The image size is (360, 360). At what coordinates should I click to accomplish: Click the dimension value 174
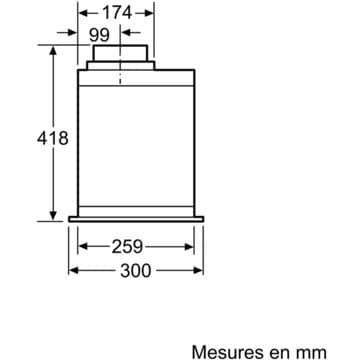pyautogui.click(x=117, y=13)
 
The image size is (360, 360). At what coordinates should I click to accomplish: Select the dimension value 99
pyautogui.click(x=99, y=35)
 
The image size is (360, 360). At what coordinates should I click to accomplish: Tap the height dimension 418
pyautogui.click(x=53, y=138)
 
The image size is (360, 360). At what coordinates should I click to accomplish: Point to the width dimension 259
pyautogui.click(x=127, y=247)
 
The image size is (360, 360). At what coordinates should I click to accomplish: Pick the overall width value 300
pyautogui.click(x=136, y=271)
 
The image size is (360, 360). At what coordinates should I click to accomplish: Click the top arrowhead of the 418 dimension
pyautogui.click(x=53, y=51)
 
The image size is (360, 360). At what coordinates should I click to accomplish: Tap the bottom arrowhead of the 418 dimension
pyautogui.click(x=53, y=216)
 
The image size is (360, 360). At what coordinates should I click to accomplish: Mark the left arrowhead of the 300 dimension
pyautogui.click(x=73, y=270)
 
